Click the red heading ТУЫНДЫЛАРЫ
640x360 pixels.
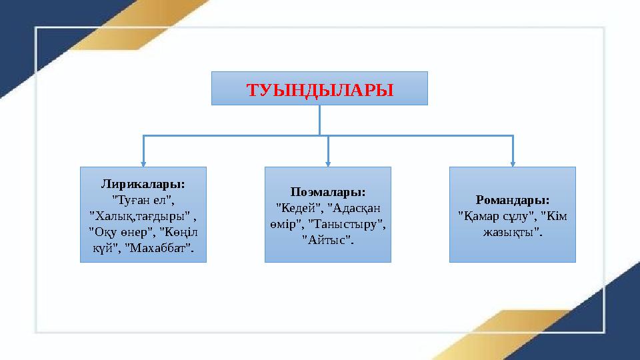[319, 89]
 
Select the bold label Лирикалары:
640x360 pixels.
[143, 183]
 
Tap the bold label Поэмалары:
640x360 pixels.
[328, 191]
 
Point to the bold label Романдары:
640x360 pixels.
[513, 199]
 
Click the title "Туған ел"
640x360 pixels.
[143, 199]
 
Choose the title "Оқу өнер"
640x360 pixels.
[119, 231]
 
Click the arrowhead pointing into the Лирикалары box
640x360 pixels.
[143, 162]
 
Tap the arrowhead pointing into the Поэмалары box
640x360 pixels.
[328, 162]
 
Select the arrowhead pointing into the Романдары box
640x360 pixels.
[513, 162]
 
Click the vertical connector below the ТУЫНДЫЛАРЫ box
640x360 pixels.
[320, 120]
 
